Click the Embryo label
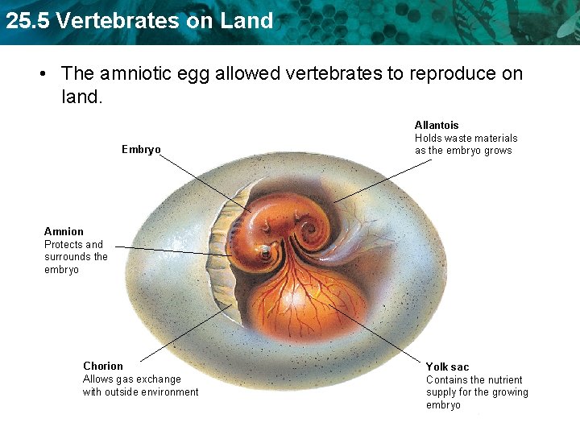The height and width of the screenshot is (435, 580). (x=141, y=149)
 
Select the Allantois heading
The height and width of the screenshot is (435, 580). (x=437, y=125)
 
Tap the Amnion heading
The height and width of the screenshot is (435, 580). (x=64, y=231)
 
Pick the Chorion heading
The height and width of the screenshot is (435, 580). (x=103, y=366)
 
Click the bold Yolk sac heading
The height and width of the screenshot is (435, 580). (x=447, y=367)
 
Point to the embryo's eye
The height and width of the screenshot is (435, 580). (x=264, y=254)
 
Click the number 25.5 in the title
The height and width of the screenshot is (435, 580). (x=28, y=21)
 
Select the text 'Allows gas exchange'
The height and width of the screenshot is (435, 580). (x=132, y=379)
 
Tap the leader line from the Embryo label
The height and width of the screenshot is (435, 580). (x=201, y=181)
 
